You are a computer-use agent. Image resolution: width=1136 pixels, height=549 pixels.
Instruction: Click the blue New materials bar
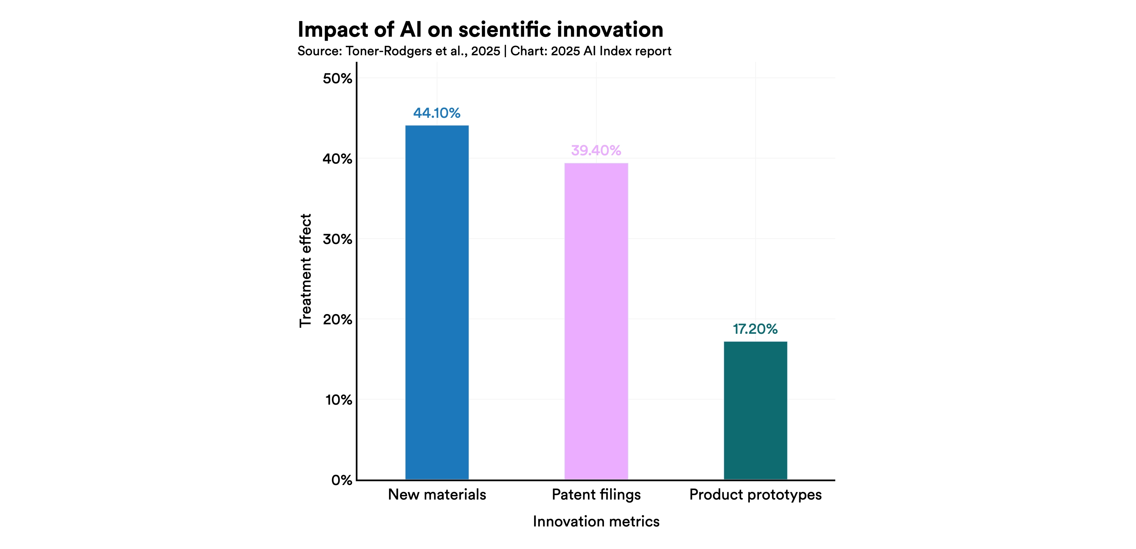437,302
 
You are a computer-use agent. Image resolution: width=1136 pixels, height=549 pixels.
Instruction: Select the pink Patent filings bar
596,321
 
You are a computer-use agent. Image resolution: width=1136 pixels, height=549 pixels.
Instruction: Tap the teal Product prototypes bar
755,410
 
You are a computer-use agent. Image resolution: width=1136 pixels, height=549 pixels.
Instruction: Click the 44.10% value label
437,113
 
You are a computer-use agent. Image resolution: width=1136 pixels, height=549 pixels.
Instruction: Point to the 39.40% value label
596,151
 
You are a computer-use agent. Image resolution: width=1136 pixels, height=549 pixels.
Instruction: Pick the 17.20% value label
755,329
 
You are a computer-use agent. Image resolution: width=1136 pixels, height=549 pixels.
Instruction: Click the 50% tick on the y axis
337,79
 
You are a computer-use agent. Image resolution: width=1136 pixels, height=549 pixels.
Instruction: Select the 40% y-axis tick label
337,159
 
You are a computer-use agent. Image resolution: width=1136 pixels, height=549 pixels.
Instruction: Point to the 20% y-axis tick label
337,319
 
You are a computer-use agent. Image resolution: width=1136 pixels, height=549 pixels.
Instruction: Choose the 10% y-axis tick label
338,400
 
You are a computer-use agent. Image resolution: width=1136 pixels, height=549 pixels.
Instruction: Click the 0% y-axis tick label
341,480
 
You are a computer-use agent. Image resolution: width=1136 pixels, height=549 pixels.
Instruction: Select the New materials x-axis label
437,495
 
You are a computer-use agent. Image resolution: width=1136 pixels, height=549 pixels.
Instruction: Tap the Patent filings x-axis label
596,495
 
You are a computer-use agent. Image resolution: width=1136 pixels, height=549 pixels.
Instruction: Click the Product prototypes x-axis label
755,495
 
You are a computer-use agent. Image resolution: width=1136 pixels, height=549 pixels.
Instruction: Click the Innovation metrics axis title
596,522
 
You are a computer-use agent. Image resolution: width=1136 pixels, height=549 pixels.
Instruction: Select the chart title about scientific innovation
480,29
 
